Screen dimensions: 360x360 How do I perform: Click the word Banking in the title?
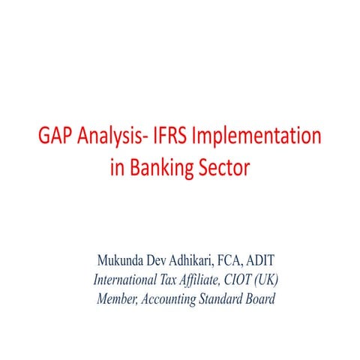pos(161,167)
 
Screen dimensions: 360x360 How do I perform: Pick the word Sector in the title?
pos(222,166)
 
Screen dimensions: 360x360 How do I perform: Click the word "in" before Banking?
pos(117,166)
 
